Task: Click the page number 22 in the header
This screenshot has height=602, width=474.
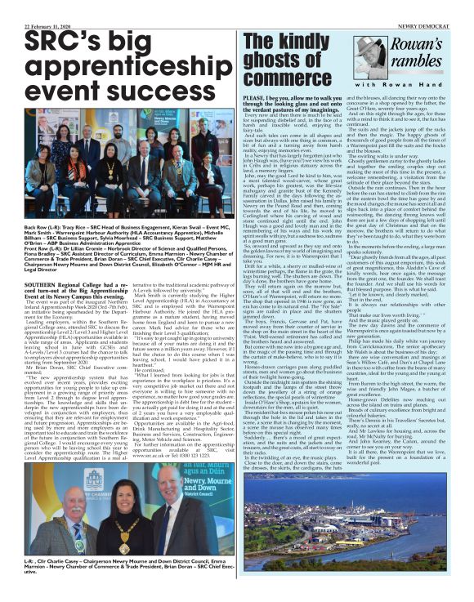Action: tap(7, 5)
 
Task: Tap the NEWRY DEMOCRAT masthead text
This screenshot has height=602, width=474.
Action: tap(440, 5)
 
